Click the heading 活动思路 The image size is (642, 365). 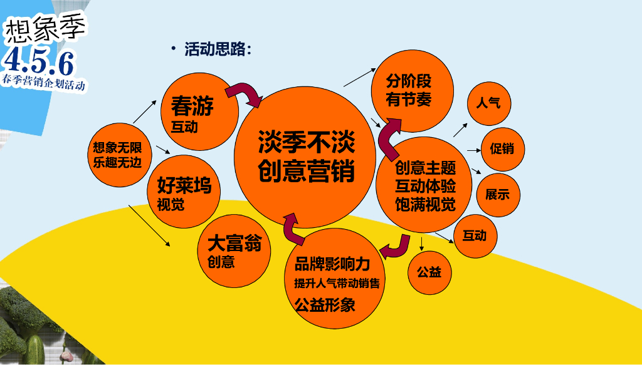217,50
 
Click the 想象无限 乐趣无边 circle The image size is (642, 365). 117,155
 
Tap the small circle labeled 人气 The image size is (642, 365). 489,103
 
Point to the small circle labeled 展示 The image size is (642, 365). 498,194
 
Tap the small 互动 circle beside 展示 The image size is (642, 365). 475,236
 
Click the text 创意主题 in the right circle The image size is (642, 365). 425,168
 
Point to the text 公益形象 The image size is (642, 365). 325,305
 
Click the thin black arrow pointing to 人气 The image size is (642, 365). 461,129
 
